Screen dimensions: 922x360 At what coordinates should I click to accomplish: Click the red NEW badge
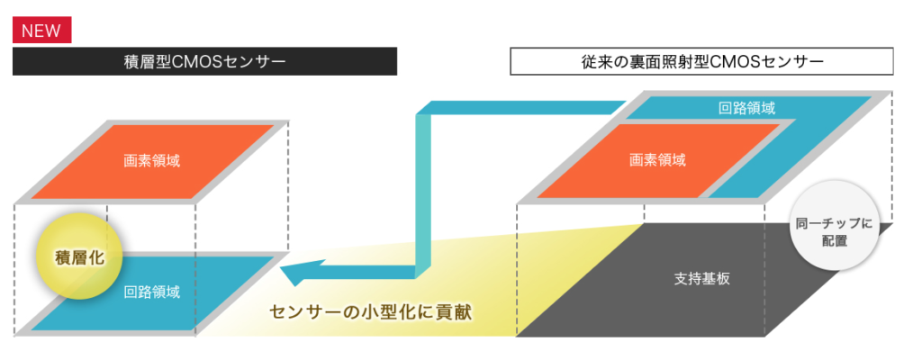pyautogui.click(x=41, y=30)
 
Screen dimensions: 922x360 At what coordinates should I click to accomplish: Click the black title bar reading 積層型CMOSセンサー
pyautogui.click(x=204, y=61)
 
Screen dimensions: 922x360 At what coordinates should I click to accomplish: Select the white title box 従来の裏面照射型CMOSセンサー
pyautogui.click(x=701, y=61)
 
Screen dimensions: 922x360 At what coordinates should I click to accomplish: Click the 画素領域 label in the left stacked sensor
pyautogui.click(x=151, y=161)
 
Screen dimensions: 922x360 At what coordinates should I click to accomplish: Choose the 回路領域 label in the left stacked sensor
pyautogui.click(x=151, y=292)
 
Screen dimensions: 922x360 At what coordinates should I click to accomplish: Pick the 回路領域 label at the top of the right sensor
pyautogui.click(x=746, y=108)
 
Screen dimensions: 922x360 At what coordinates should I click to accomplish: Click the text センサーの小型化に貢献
pyautogui.click(x=370, y=311)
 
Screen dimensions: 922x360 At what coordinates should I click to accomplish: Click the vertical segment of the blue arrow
pyautogui.click(x=423, y=194)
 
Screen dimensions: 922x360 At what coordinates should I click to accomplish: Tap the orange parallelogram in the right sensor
pyautogui.click(x=657, y=160)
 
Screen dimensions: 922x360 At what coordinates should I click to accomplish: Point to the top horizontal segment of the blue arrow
pyautogui.click(x=523, y=107)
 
